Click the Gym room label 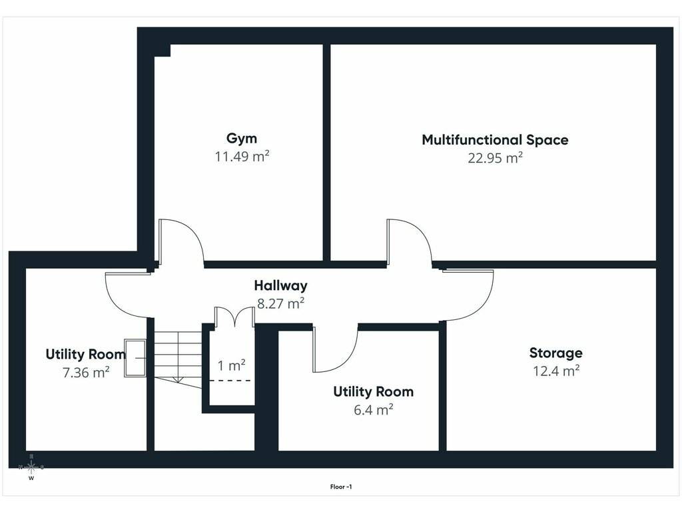(x=241, y=139)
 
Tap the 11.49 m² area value (x=242, y=156)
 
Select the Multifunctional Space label (x=495, y=140)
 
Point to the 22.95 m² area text (x=495, y=157)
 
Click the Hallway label (x=280, y=285)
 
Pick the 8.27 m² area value (x=280, y=303)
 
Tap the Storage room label (x=556, y=353)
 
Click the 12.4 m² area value (x=556, y=371)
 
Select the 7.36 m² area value (x=86, y=373)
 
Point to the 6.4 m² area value (x=373, y=410)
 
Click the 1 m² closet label (x=231, y=366)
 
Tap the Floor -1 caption (x=340, y=487)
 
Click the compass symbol (x=31, y=467)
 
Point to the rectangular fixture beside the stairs (x=135, y=358)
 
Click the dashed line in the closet (x=231, y=381)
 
